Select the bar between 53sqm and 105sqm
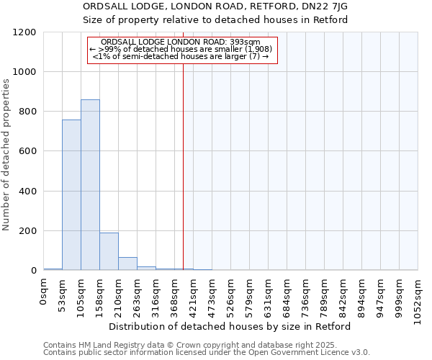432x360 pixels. point(71,195)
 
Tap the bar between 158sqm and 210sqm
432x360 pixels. point(109,251)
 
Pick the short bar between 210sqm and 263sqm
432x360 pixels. point(127,264)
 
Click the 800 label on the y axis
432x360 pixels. point(30,112)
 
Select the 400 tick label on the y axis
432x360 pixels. point(30,192)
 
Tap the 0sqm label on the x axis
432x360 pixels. point(44,291)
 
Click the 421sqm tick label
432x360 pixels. point(194,294)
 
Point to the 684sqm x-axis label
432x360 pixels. point(287,294)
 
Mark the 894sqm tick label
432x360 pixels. point(362,294)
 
